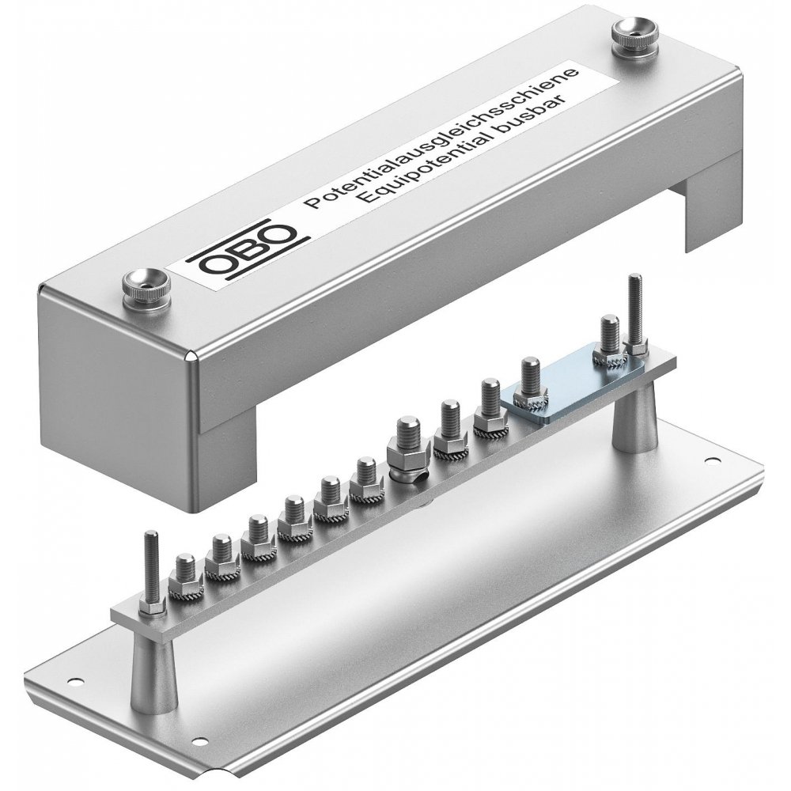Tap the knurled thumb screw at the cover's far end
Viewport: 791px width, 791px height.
tap(635, 42)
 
